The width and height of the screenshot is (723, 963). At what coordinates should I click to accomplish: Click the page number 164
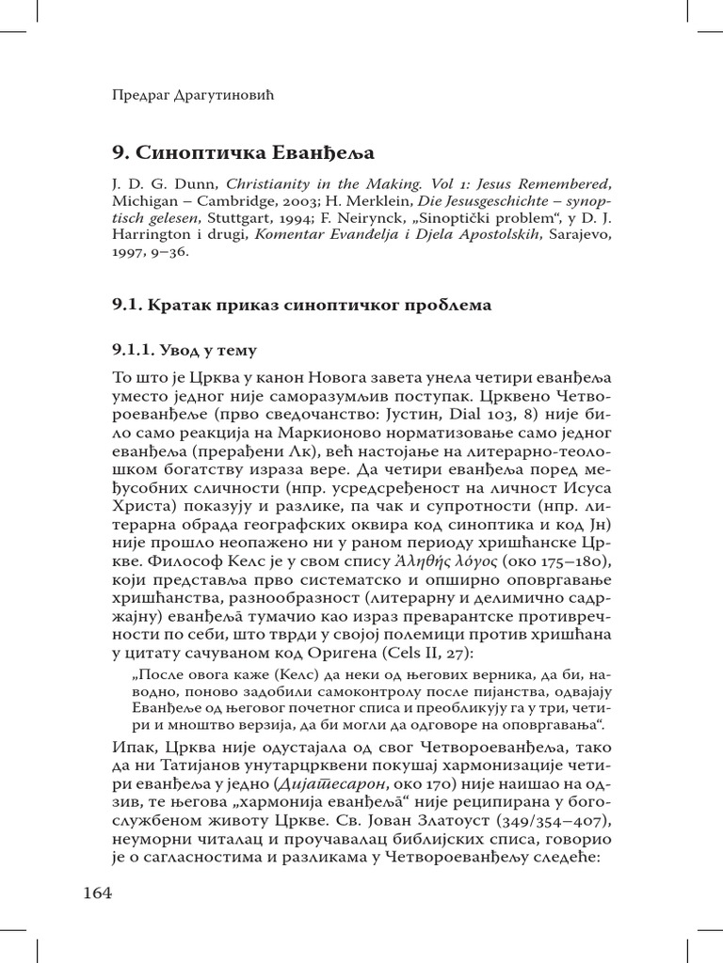[x=97, y=892]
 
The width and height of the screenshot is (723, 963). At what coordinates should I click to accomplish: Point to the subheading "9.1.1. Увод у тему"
[x=185, y=351]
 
